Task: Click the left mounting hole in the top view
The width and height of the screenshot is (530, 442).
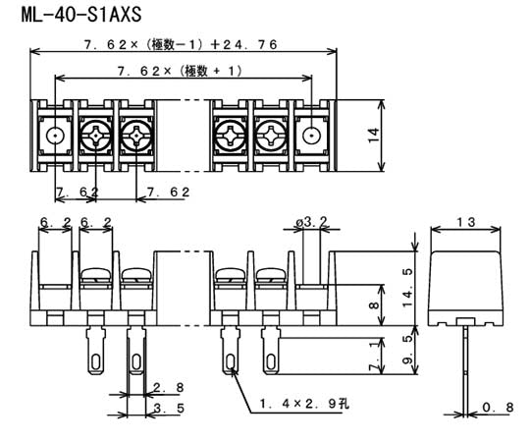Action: [x=56, y=137]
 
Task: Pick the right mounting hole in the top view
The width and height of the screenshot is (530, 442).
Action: [x=310, y=137]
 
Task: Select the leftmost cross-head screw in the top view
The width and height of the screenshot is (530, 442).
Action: [x=96, y=137]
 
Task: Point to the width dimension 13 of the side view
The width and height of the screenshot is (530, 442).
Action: [x=466, y=223]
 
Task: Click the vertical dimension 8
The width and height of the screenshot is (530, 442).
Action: [x=373, y=306]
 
